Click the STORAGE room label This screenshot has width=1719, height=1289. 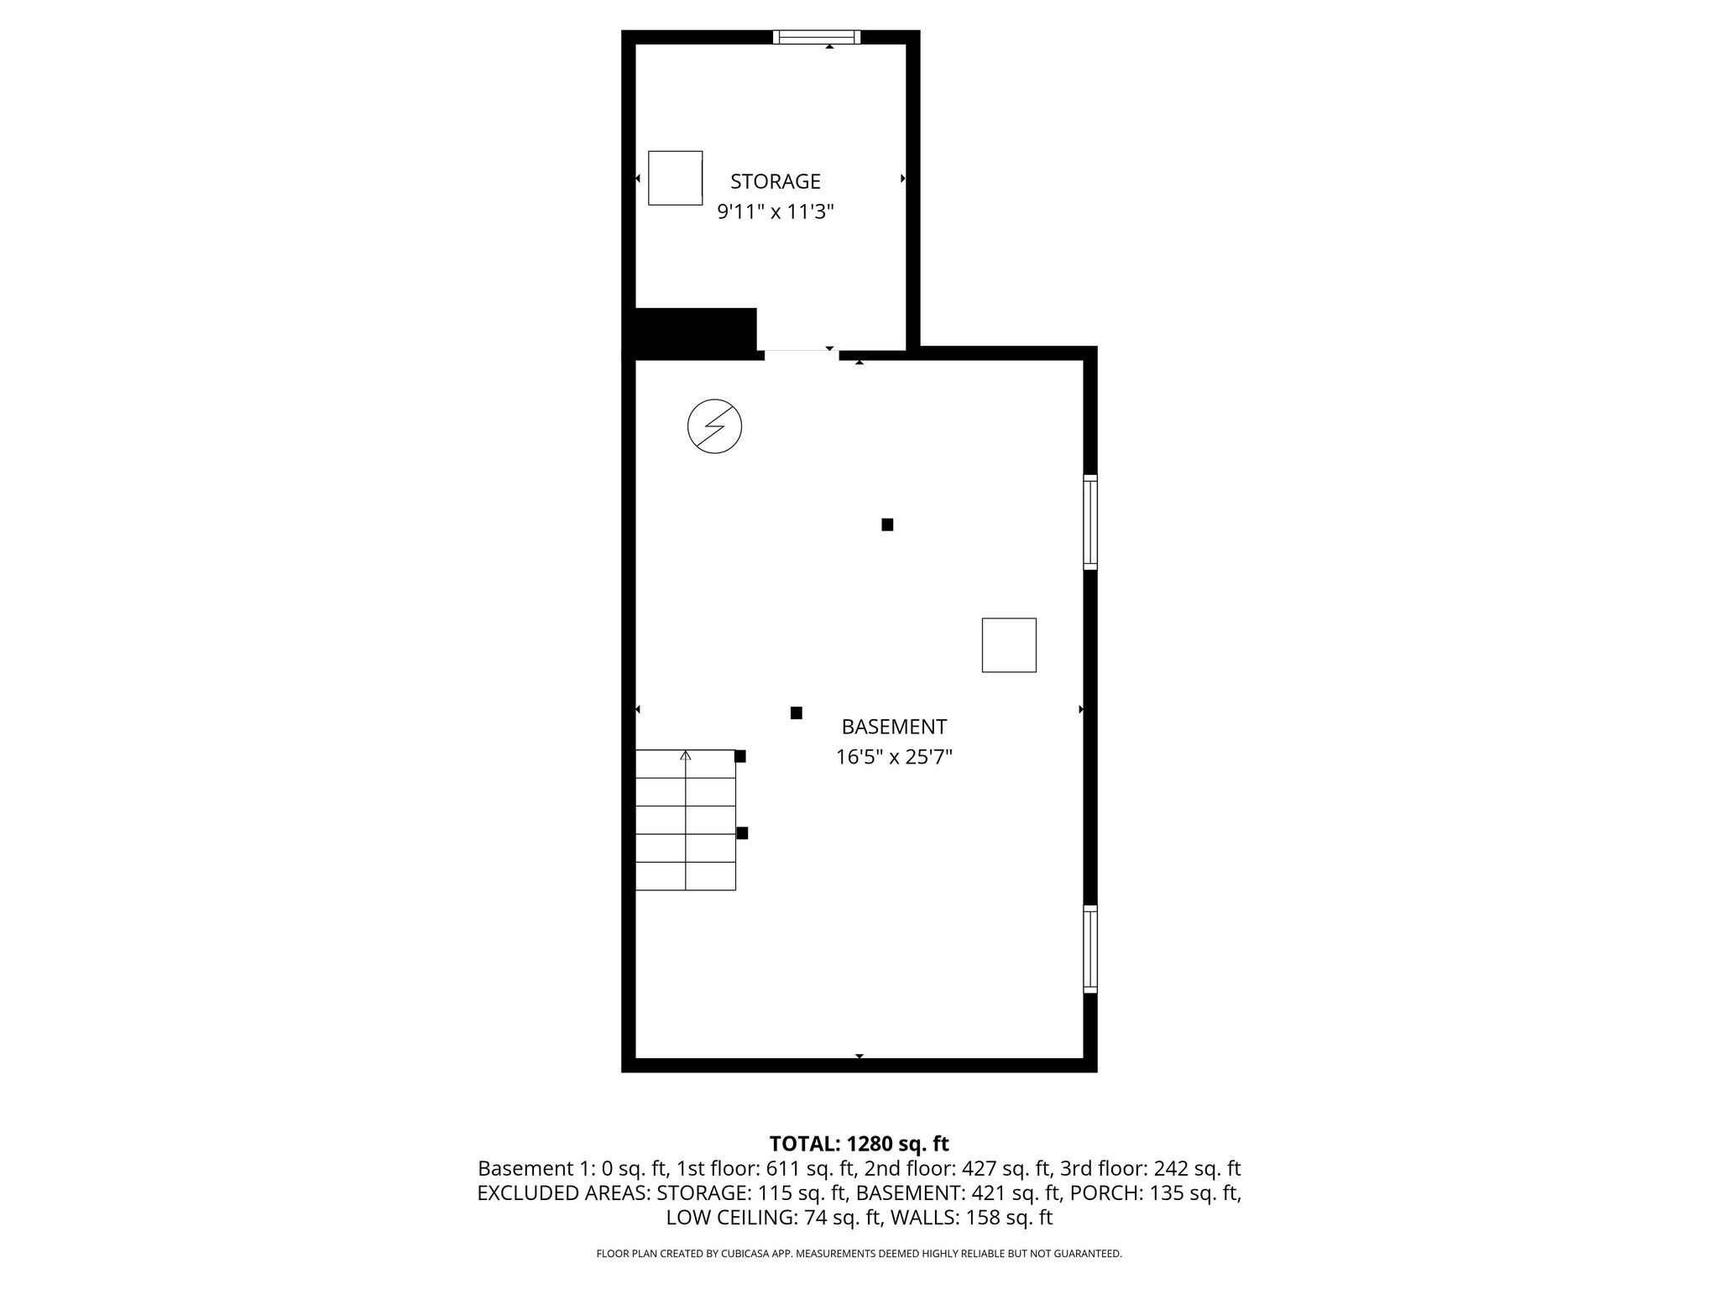point(775,181)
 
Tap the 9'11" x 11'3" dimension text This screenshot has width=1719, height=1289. point(775,211)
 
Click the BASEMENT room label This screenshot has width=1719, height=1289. point(894,727)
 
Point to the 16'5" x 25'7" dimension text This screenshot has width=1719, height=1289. point(894,758)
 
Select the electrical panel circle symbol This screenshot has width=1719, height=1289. point(714,426)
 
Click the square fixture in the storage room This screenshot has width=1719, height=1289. point(675,178)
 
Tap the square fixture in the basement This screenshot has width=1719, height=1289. point(1009,645)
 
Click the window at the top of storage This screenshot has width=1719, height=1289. point(816,37)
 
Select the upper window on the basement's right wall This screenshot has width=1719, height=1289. point(1089,521)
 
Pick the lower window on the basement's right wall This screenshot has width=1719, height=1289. point(1089,948)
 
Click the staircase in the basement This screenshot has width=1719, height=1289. point(686,820)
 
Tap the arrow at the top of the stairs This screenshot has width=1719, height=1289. point(686,756)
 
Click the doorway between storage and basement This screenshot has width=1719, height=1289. point(802,354)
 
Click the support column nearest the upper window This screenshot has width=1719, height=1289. point(887,524)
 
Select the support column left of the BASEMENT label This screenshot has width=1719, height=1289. point(796,713)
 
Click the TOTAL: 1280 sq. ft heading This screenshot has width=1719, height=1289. point(859,1144)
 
